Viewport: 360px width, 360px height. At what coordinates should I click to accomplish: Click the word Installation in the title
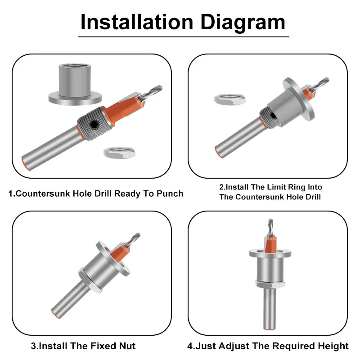(137, 22)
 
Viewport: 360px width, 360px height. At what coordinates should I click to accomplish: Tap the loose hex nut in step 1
(119, 153)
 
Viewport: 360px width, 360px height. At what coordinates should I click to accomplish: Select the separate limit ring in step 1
(75, 85)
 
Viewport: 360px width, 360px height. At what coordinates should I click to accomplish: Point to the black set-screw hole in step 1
(94, 125)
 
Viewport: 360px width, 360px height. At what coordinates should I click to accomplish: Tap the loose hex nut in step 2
(230, 99)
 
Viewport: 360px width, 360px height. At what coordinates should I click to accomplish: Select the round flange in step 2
(298, 99)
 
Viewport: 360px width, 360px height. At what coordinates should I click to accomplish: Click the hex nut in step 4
(270, 284)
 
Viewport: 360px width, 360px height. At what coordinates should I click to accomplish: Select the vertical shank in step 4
(270, 309)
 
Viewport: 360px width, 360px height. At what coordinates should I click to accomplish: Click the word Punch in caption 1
(170, 193)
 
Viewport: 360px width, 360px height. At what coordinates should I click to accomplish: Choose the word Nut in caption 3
(127, 346)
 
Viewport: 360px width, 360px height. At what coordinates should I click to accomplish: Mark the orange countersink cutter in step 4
(270, 244)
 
